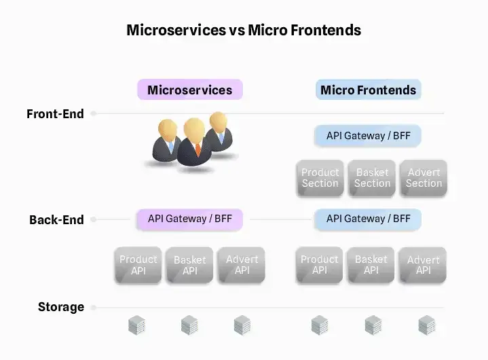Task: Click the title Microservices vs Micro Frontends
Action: tap(244, 31)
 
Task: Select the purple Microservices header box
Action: tap(189, 90)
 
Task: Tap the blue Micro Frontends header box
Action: tap(368, 90)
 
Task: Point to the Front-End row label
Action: tap(56, 114)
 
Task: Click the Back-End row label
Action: tap(56, 220)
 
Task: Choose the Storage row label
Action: tap(61, 307)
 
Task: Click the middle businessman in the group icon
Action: tap(195, 143)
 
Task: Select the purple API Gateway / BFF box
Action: tap(189, 219)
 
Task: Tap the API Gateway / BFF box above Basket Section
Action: tap(368, 136)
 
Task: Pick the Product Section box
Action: tap(320, 178)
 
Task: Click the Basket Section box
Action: tap(372, 178)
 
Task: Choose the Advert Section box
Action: tap(424, 178)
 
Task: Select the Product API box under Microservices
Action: tap(138, 265)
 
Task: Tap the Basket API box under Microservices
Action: tap(190, 265)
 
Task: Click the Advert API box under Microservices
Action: tap(242, 265)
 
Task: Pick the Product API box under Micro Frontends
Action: tap(320, 265)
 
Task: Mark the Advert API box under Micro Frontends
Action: tap(424, 265)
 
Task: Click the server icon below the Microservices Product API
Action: tap(137, 325)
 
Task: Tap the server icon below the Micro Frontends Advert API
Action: tap(426, 325)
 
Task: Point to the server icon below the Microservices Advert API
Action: tap(242, 325)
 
